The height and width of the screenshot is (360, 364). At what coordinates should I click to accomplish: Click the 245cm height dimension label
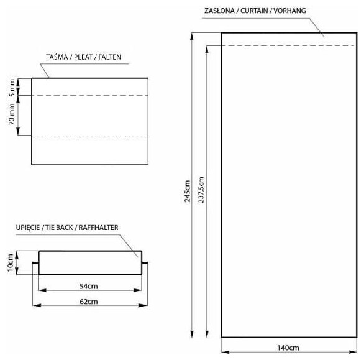click(188, 192)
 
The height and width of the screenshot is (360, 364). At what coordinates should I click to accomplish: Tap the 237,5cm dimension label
click(201, 190)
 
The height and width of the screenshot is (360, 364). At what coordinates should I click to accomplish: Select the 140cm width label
click(288, 348)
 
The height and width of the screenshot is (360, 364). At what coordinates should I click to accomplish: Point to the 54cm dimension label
click(88, 286)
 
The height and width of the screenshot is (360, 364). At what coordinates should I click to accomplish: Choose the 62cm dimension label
click(88, 302)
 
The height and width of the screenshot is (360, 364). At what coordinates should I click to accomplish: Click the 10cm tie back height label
click(10, 263)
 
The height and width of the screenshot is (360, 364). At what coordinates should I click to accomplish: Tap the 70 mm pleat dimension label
click(12, 114)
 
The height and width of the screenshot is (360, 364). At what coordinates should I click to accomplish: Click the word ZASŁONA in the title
click(219, 11)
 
